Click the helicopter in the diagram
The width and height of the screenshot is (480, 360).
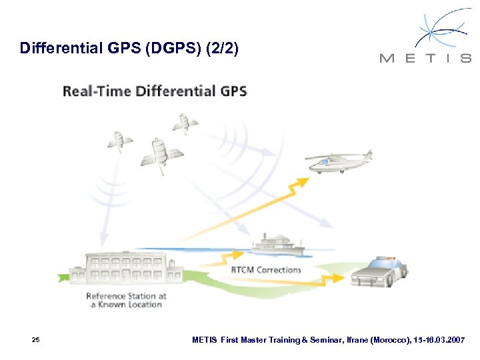(x=337, y=162)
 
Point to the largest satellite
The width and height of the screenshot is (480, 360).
(x=159, y=153)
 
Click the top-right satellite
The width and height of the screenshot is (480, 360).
(x=184, y=124)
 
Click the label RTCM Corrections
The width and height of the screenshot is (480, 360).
(x=266, y=270)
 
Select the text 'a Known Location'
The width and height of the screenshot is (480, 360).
(x=127, y=305)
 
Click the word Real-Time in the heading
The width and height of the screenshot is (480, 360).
(x=96, y=91)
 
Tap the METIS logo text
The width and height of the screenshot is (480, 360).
(x=425, y=59)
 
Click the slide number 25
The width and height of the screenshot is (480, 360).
(x=35, y=340)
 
